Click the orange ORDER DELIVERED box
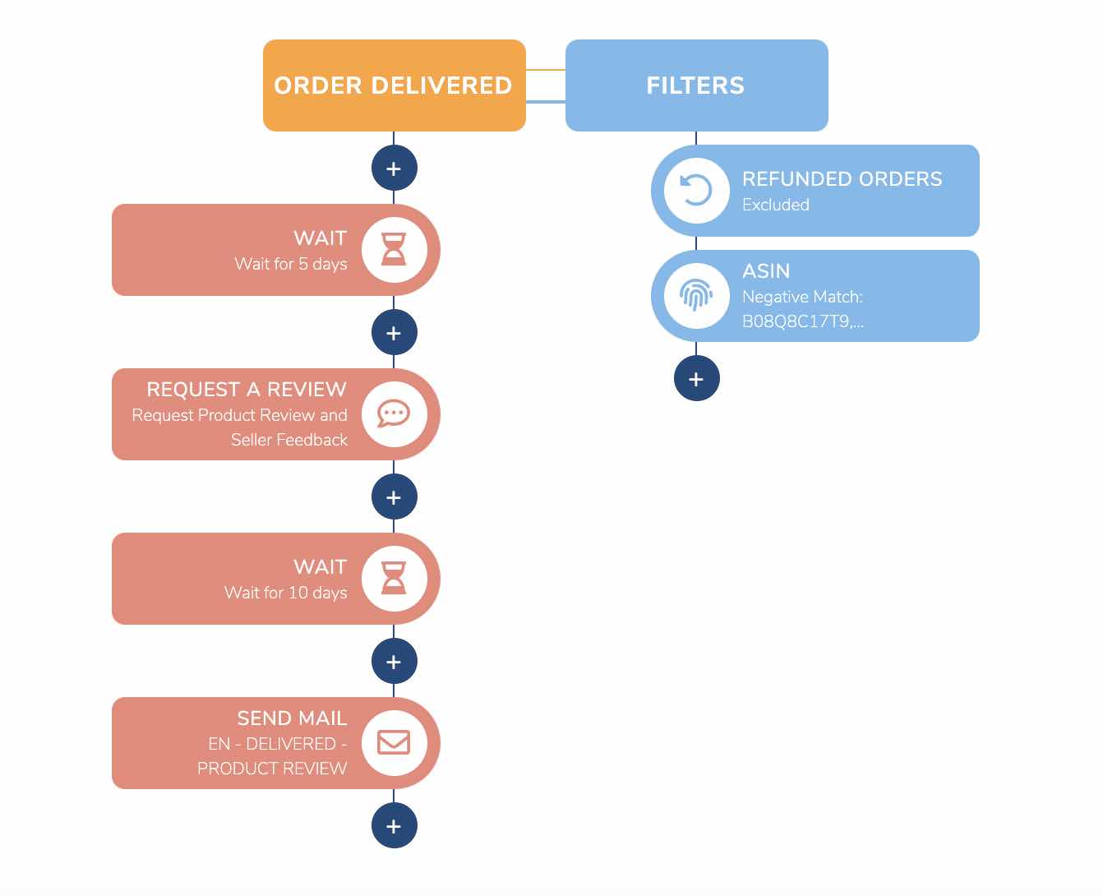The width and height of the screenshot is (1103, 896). [394, 85]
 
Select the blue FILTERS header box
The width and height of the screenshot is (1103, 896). [696, 85]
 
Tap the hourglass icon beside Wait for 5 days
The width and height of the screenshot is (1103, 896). [394, 250]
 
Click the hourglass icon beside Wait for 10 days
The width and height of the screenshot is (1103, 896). [394, 578]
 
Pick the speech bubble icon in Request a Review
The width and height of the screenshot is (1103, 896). [394, 413]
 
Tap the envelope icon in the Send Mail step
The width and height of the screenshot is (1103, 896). [394, 742]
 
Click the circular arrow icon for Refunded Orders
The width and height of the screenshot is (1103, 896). [696, 190]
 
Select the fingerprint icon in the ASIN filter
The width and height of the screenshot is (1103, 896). [696, 295]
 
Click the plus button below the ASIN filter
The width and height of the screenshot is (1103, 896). [696, 379]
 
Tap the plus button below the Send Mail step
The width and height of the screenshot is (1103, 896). [394, 825]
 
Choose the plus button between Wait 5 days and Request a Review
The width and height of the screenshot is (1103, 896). [394, 332]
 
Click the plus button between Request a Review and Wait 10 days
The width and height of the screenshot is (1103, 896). [394, 497]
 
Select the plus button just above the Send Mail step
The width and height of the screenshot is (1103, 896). [394, 662]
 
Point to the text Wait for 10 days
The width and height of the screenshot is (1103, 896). [286, 593]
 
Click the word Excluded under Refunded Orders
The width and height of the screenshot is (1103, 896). [776, 205]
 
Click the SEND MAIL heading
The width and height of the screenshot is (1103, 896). [292, 718]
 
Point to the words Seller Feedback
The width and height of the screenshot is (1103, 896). [289, 440]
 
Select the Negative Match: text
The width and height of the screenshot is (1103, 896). [802, 298]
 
